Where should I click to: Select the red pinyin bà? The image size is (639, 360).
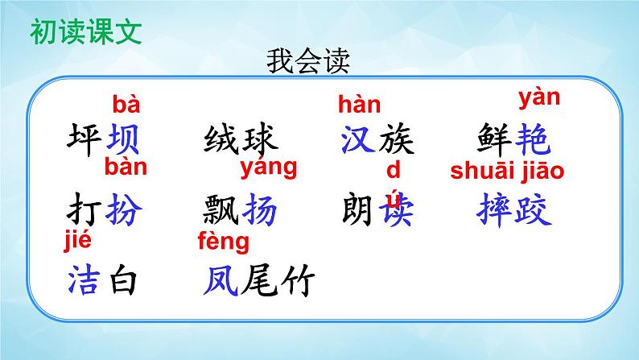pos(126,104)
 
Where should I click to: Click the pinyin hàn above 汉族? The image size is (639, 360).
pos(359,105)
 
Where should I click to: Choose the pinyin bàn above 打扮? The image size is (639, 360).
pos(126,168)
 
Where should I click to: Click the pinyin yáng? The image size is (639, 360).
pos(269,168)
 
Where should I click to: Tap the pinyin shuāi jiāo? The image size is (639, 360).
pos(507,170)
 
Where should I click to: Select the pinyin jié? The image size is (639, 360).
pos(79,239)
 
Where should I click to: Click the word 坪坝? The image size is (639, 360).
pos(102,141)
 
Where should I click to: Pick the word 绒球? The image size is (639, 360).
pos(241,141)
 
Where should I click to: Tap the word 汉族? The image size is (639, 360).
pos(377,141)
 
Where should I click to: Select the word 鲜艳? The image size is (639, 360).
pos(513,141)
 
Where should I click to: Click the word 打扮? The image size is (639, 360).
pos(102,211)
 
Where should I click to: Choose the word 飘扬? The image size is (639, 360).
pos(241,211)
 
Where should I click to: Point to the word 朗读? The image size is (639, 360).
pos(377,211)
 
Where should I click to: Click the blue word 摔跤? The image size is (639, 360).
pos(513,211)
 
